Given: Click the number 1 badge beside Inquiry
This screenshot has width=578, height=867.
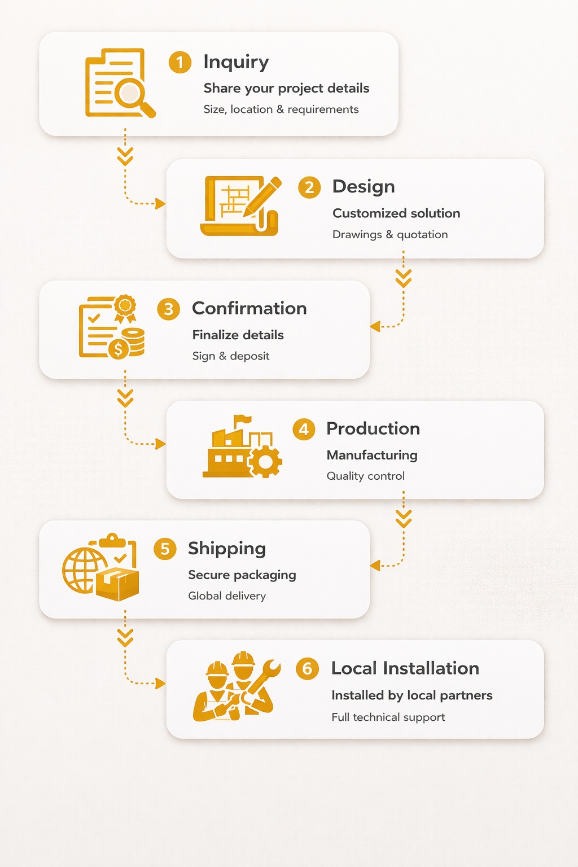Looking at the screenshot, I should [x=179, y=62].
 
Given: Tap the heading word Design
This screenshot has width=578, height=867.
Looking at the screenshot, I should [x=364, y=187].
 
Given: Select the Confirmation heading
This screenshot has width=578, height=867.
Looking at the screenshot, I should [x=249, y=308].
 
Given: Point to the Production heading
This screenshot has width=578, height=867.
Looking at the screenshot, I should [x=373, y=428].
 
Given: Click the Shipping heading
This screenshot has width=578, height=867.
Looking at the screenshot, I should [x=227, y=548].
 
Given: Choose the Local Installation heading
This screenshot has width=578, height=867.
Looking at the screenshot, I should [x=405, y=668].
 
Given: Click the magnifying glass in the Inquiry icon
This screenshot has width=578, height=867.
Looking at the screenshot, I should [x=133, y=95].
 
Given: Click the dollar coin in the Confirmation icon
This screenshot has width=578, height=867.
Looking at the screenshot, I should [x=119, y=349].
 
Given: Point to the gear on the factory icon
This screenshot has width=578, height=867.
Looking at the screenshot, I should [x=264, y=462].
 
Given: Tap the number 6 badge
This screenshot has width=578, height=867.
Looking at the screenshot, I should [x=307, y=669].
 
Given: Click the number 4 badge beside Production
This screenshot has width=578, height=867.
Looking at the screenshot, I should [x=304, y=430].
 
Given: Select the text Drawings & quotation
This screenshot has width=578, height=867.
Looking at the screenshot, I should [x=390, y=234].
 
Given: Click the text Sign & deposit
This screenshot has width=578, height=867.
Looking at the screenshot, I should [x=230, y=356].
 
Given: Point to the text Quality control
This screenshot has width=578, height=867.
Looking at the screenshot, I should [x=365, y=476].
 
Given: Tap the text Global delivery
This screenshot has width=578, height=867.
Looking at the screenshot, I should [x=226, y=596].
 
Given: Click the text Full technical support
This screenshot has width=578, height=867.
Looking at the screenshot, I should [x=388, y=717].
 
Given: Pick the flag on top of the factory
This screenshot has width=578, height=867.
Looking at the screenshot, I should [x=243, y=419].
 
